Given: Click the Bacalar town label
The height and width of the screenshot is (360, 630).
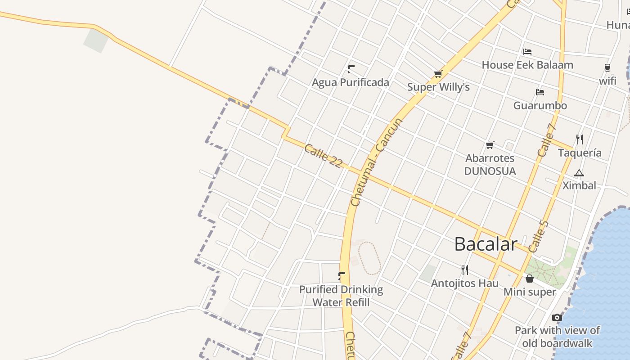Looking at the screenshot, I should (x=486, y=244).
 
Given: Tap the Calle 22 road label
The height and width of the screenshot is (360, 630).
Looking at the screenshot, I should (x=323, y=156).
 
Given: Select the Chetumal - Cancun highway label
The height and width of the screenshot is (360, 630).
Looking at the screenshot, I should (x=376, y=162).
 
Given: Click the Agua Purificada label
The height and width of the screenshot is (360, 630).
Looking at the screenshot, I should (x=351, y=82).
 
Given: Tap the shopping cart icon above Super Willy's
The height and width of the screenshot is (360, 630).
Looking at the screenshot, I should (x=438, y=74).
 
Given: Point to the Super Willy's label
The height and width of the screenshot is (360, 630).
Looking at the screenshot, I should (x=438, y=87).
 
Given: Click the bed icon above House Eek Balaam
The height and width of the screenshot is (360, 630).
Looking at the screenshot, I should (x=527, y=52).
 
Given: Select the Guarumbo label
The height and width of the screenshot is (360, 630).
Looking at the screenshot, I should (x=540, y=106).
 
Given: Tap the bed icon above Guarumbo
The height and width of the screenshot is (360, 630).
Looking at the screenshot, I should (x=540, y=92).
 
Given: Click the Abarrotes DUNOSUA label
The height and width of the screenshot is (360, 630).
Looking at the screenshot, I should (x=490, y=165).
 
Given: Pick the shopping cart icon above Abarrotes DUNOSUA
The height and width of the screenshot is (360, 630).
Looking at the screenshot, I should (x=490, y=145).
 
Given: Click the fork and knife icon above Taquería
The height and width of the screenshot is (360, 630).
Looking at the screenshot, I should (x=580, y=139).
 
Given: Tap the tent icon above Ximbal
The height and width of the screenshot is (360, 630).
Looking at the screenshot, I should (x=579, y=173).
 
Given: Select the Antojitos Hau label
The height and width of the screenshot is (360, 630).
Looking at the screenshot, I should (x=465, y=283).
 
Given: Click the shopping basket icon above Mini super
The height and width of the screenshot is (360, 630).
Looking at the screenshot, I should (x=530, y=279).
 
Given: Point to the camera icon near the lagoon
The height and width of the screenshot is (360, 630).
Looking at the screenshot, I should (x=557, y=317).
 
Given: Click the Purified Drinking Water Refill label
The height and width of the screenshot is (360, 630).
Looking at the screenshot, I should (x=341, y=296).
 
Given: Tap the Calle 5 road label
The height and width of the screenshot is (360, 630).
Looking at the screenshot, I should (x=539, y=236).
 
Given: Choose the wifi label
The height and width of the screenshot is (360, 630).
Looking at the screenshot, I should (x=607, y=81).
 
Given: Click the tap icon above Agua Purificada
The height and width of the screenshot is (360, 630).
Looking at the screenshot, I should (x=351, y=69).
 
